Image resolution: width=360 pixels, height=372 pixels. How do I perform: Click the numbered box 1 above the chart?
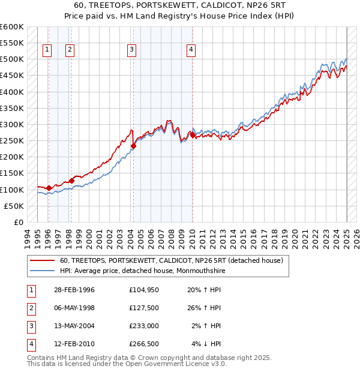pyautogui.click(x=47, y=50)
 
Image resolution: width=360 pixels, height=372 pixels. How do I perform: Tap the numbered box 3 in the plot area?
pyautogui.click(x=131, y=50)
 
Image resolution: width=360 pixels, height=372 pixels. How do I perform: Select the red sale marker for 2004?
pyautogui.click(x=134, y=146)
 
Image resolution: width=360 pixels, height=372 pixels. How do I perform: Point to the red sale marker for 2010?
pyautogui.click(x=193, y=135)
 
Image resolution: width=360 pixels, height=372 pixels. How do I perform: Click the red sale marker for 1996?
pyautogui.click(x=49, y=188)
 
